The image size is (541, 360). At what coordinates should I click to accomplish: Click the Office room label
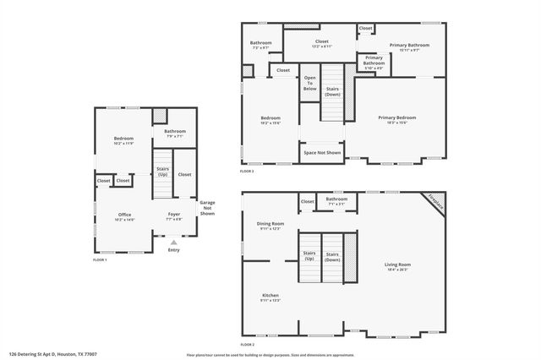124,216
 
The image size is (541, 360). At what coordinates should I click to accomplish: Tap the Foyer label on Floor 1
174,216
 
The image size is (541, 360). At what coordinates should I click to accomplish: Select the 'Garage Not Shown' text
207,208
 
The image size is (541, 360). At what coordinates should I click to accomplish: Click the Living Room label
397,267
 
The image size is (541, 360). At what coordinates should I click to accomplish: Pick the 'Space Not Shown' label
321,153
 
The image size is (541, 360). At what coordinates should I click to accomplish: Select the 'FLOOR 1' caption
101,260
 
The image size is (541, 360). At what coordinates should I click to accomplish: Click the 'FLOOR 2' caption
248,346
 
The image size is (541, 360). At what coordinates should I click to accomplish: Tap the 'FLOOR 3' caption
247,172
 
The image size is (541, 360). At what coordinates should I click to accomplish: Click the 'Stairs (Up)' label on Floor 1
161,172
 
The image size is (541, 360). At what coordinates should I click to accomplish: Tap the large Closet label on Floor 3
321,42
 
